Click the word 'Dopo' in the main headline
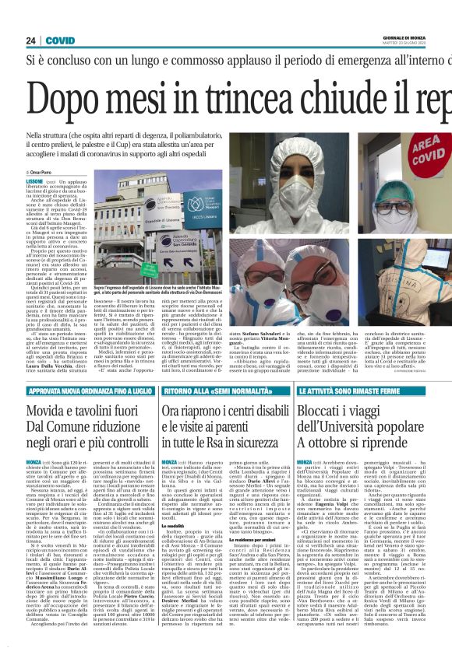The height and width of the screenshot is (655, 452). pos(62,99)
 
